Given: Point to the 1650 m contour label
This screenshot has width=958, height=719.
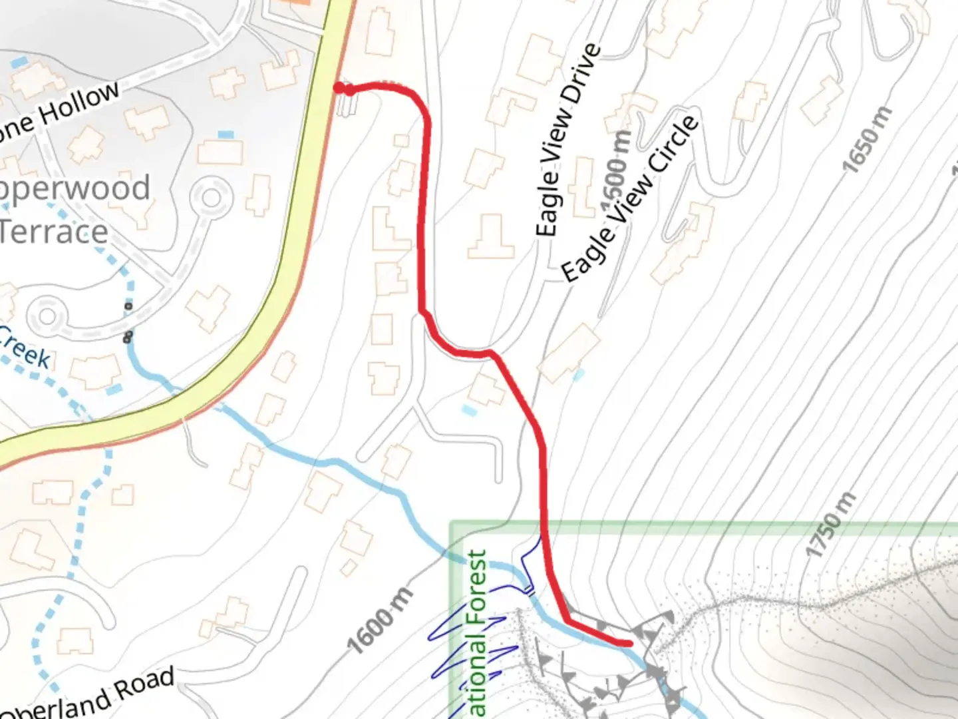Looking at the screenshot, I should coord(868,140).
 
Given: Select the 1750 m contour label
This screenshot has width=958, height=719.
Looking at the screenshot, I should coord(830,525).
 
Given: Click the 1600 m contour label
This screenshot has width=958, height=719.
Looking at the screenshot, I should coord(380,622).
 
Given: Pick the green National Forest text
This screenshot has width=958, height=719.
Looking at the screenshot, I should coord(478,632).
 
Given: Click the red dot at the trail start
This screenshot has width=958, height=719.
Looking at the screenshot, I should coord(339,88).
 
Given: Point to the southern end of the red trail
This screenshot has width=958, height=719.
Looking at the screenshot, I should coord(628,643).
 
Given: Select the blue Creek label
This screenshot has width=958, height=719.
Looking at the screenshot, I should coord(25,348).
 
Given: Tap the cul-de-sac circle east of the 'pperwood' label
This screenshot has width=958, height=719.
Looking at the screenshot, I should coord(212,198).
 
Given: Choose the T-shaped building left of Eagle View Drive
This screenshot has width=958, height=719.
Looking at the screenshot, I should coord(492,238).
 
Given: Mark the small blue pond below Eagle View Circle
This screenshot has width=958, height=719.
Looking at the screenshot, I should coord(579,375).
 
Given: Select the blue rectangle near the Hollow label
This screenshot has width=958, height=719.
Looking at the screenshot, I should coord(226,135).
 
